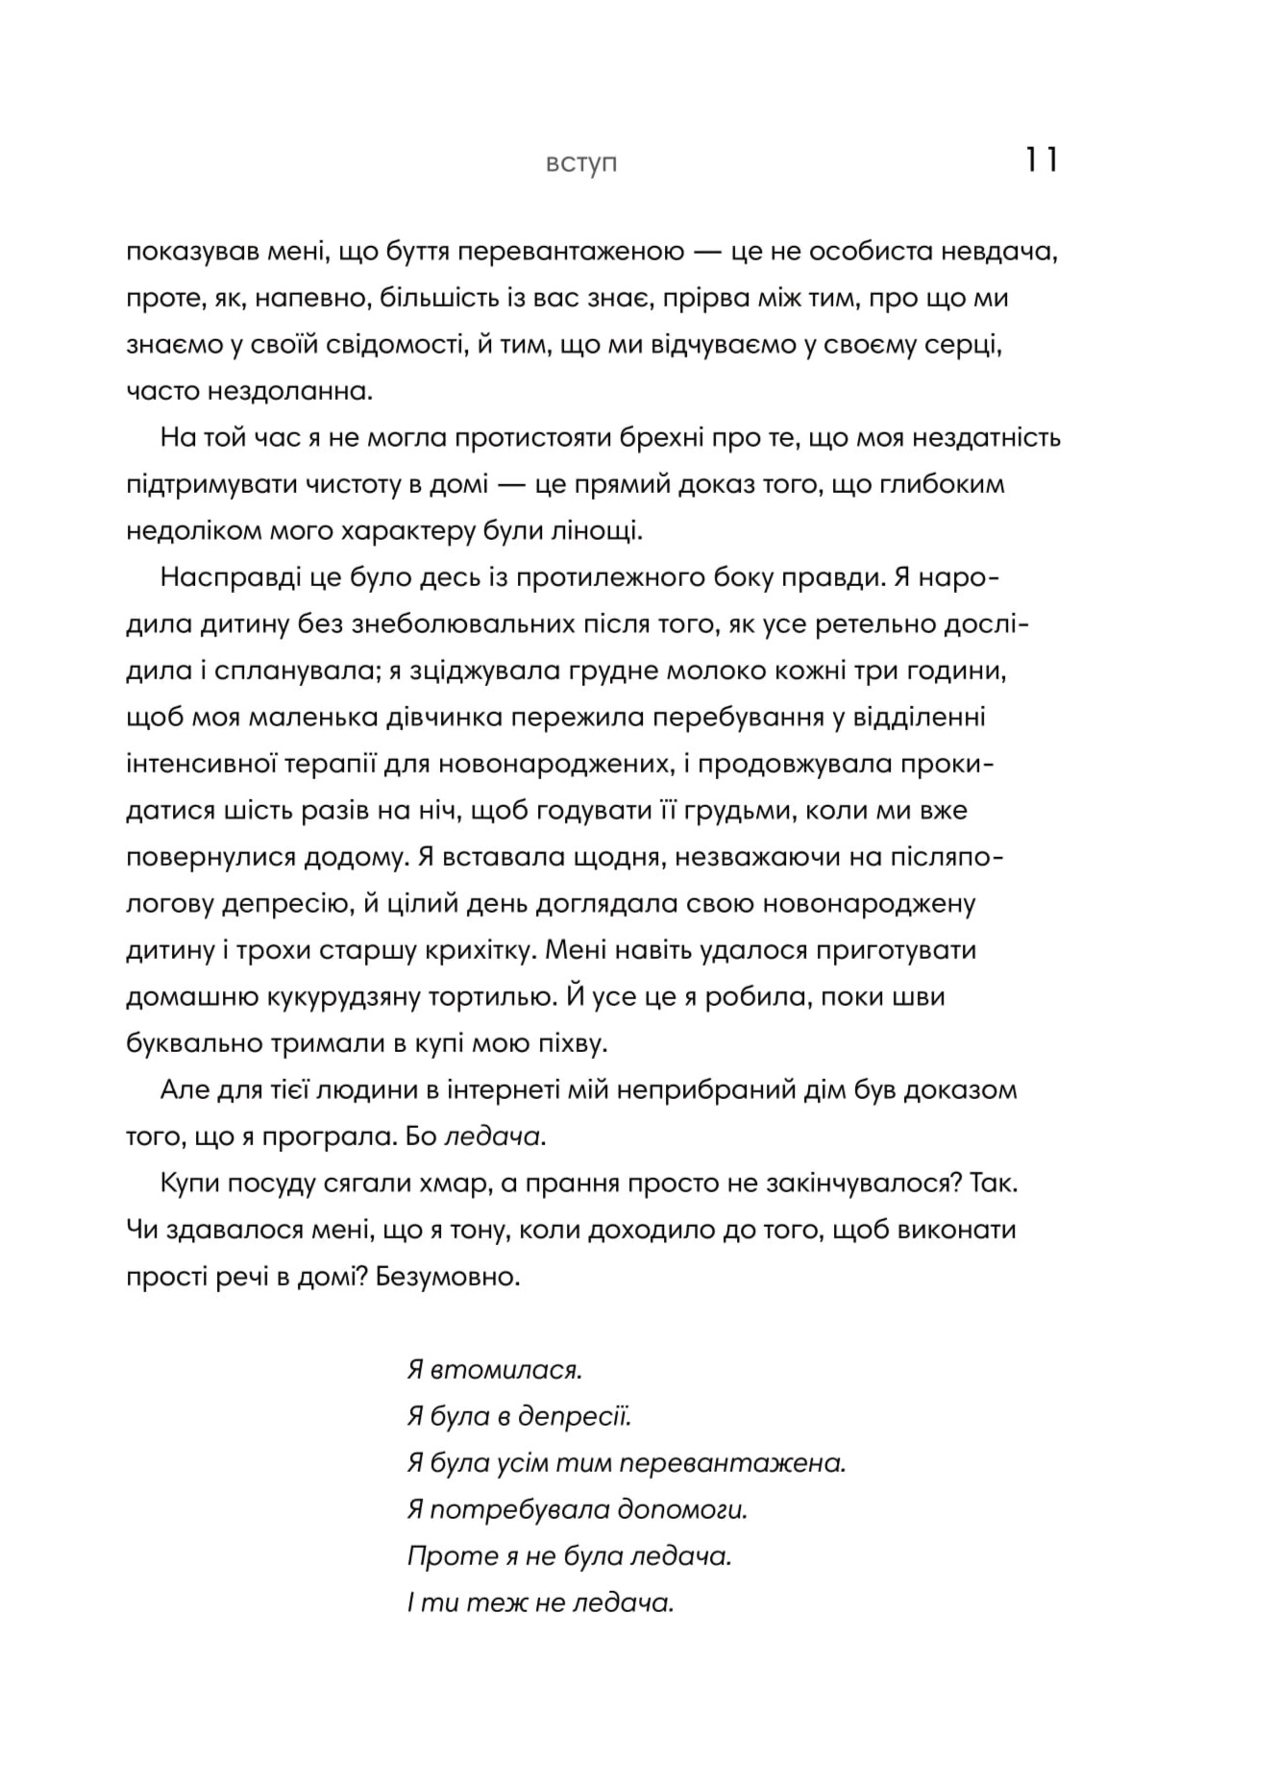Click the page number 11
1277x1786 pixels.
coord(1041,159)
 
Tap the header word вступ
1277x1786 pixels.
coord(581,164)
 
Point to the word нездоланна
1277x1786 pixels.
coord(290,391)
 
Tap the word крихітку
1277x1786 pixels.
coord(466,950)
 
